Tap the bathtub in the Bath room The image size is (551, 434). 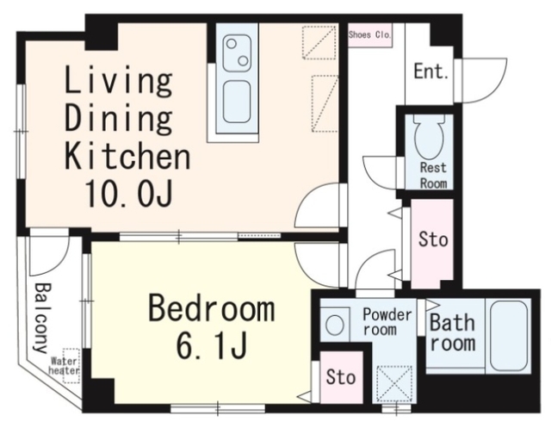click(509, 336)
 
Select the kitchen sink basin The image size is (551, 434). click(238, 102)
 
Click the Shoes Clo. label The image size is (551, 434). click(369, 35)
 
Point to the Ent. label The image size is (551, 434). click(431, 71)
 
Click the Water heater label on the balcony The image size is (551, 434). click(65, 365)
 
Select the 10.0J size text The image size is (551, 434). click(128, 193)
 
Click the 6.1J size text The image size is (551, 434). click(211, 345)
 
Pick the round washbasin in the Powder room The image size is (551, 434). click(334, 325)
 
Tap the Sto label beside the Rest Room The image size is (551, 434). click(433, 239)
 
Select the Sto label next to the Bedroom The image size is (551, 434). click(341, 376)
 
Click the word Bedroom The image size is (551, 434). click(212, 308)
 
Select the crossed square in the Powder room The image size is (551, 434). click(394, 384)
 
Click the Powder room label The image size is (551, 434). click(387, 321)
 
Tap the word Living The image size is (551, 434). click(119, 82)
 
